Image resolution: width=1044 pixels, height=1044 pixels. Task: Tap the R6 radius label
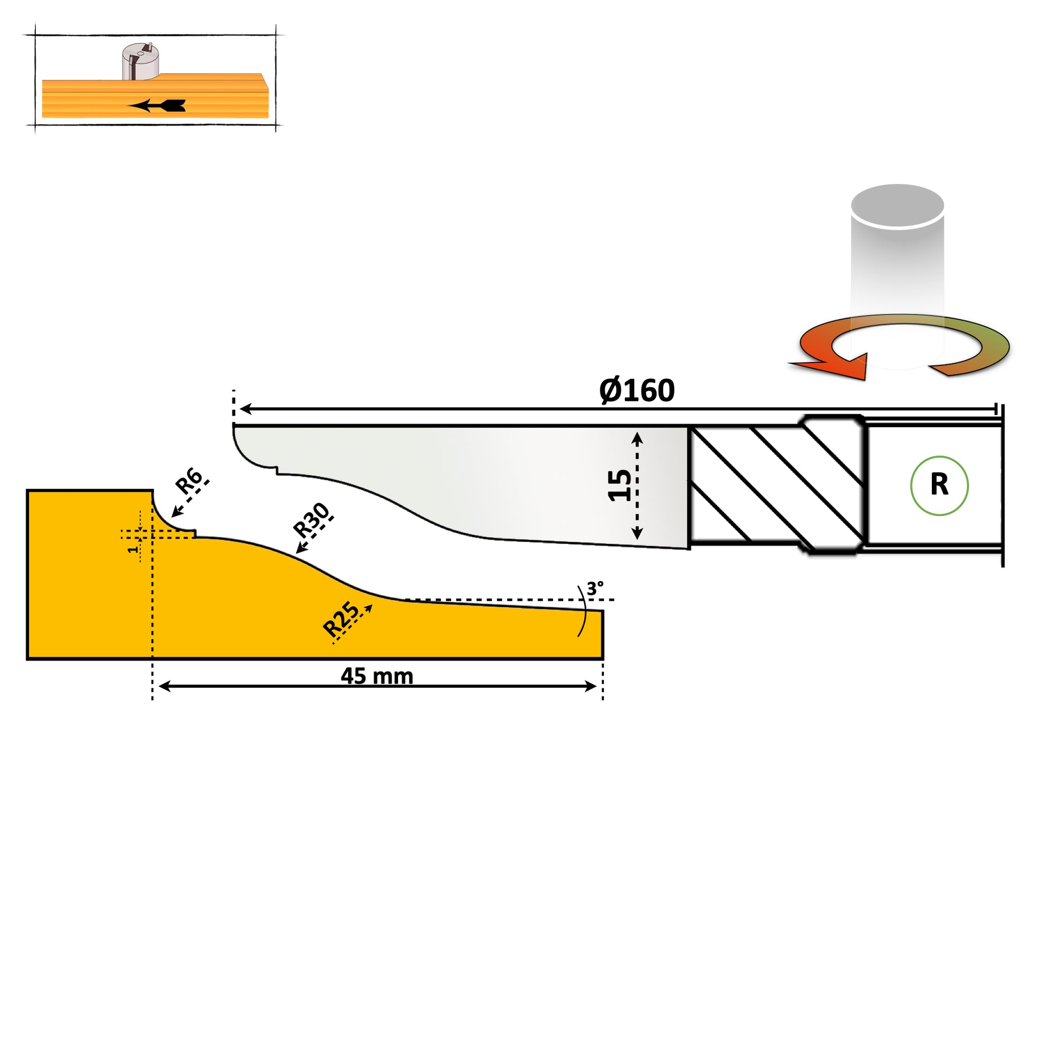pyautogui.click(x=189, y=480)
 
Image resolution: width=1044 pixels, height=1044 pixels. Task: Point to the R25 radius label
pyautogui.click(x=340, y=619)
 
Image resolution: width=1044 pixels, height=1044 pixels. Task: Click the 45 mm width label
pyautogui.click(x=377, y=677)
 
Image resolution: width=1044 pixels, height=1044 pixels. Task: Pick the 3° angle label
pyautogui.click(x=594, y=589)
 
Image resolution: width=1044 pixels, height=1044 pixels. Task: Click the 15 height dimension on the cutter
pyautogui.click(x=619, y=486)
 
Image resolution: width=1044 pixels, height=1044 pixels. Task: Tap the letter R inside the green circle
pyautogui.click(x=939, y=485)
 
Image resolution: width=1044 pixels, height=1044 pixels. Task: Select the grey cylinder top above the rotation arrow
pyautogui.click(x=897, y=206)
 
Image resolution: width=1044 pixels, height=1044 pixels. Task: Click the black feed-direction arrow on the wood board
pyautogui.click(x=157, y=105)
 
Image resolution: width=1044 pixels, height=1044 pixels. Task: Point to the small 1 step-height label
pyautogui.click(x=133, y=549)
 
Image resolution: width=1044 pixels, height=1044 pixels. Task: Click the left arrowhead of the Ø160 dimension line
pyautogui.click(x=245, y=409)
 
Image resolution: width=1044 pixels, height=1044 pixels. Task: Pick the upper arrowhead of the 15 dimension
pyautogui.click(x=637, y=438)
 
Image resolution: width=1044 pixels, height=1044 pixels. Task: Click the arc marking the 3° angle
pyautogui.click(x=584, y=611)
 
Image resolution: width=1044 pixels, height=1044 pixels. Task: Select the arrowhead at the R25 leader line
pyautogui.click(x=369, y=608)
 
